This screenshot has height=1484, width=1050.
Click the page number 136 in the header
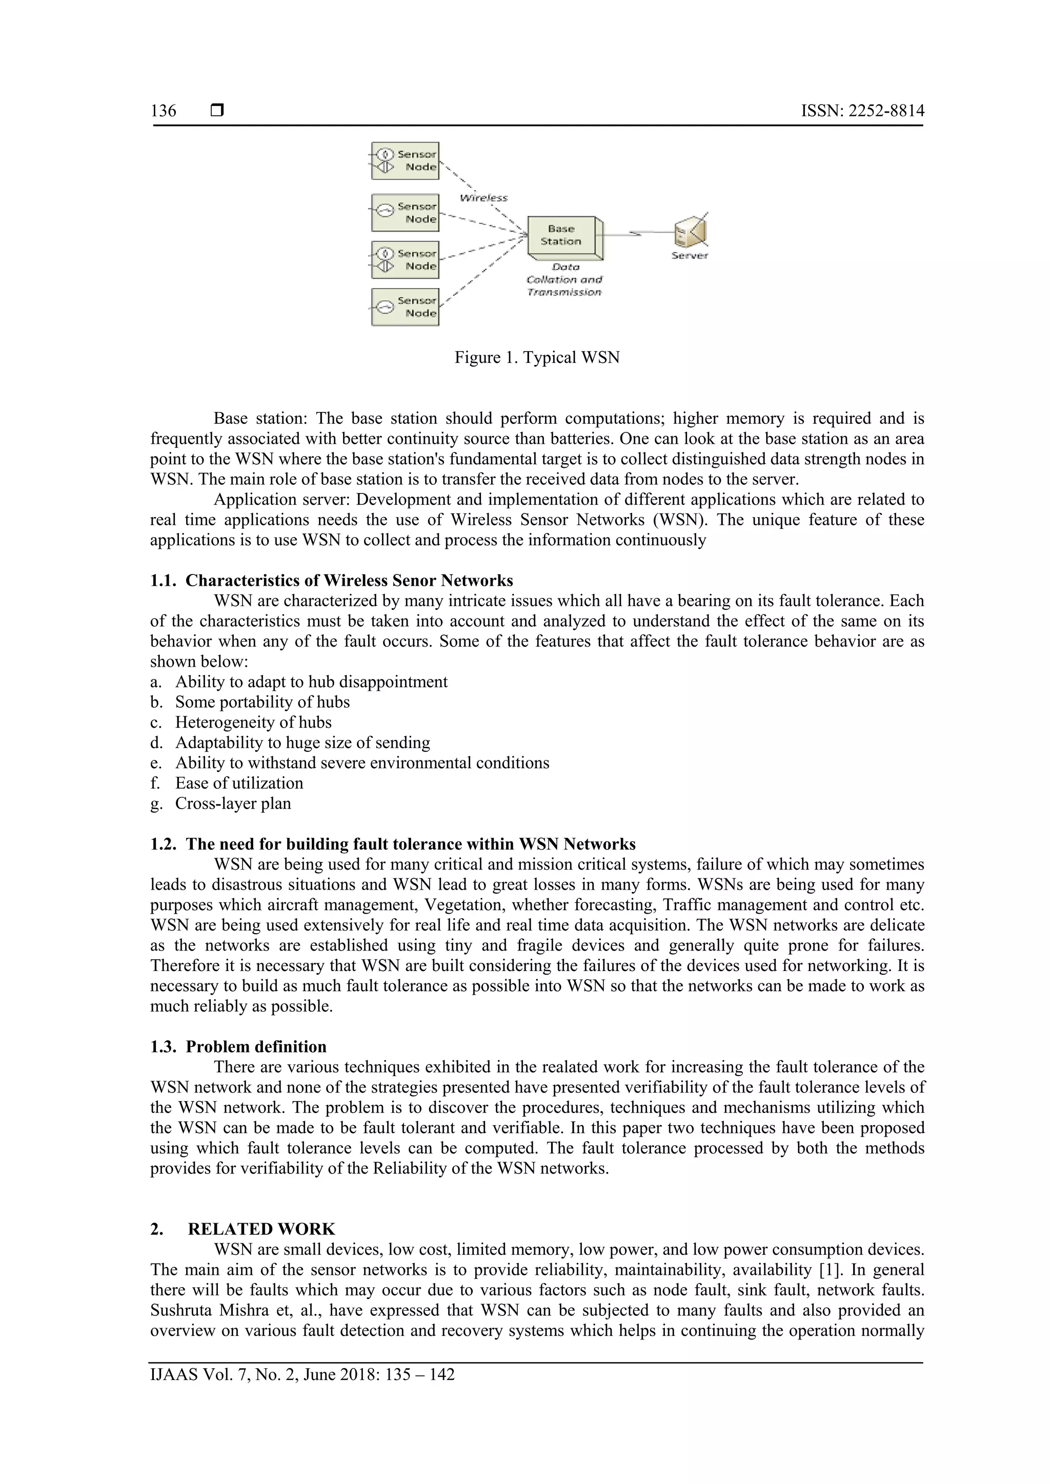click(163, 111)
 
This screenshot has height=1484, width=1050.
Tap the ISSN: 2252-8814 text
click(862, 111)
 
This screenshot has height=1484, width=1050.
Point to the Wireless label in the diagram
click(483, 198)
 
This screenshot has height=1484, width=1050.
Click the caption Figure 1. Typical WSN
click(537, 358)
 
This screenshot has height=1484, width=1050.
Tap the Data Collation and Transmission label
click(564, 280)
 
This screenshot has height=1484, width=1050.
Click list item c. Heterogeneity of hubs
click(253, 722)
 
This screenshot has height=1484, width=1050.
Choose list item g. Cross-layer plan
click(233, 803)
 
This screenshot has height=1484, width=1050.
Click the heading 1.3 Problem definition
click(256, 1047)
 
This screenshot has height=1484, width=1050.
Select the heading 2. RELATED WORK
click(261, 1229)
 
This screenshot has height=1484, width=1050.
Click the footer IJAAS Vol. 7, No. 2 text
click(302, 1375)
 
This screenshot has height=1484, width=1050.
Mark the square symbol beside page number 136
click(217, 111)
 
